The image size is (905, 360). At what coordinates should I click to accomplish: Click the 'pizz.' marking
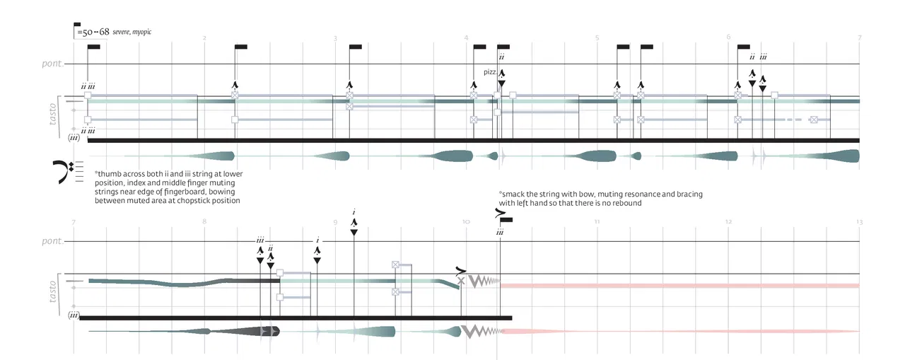pyautogui.click(x=490, y=72)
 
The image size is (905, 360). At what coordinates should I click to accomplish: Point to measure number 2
pyautogui.click(x=204, y=37)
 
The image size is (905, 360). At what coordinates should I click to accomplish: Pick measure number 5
pyautogui.click(x=597, y=37)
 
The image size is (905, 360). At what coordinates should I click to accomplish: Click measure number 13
pyautogui.click(x=859, y=222)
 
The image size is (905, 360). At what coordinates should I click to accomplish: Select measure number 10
pyautogui.click(x=465, y=222)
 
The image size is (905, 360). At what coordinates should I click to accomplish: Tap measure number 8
pyautogui.click(x=204, y=222)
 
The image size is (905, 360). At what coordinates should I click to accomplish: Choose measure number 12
pyautogui.click(x=728, y=222)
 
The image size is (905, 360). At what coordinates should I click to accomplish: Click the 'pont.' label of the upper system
pyautogui.click(x=52, y=64)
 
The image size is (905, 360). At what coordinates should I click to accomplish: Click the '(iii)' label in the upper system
pyautogui.click(x=74, y=139)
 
